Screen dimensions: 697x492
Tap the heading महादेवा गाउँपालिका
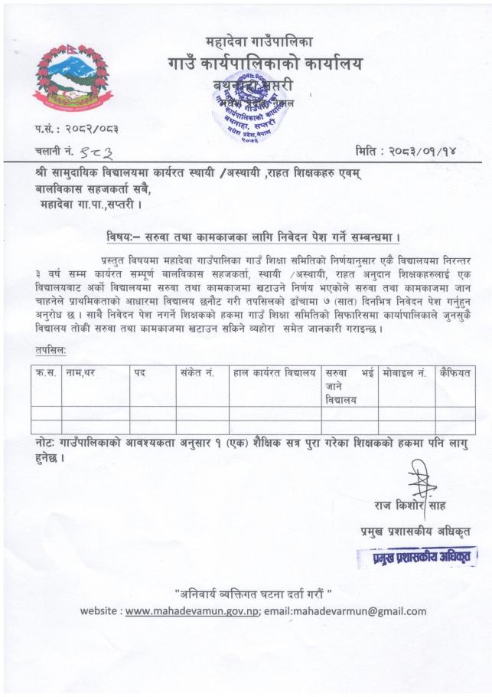[259, 41]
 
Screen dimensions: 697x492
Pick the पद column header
[139, 372]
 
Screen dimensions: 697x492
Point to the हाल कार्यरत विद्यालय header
[275, 372]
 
